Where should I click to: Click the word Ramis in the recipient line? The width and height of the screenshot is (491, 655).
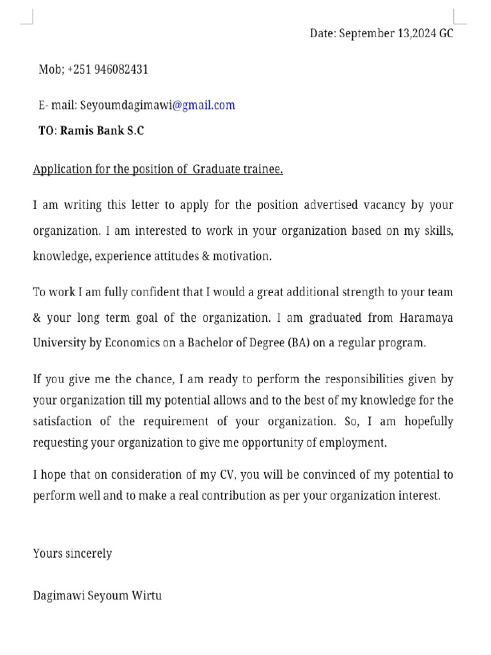77,130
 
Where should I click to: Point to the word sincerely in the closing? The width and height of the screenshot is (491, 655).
88,553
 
